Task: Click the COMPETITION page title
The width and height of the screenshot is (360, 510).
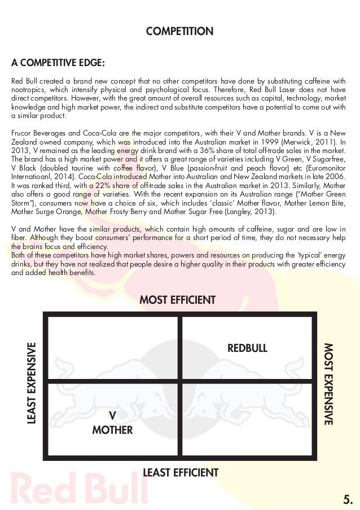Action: (x=179, y=31)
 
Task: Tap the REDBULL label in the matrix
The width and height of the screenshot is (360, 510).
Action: (x=247, y=347)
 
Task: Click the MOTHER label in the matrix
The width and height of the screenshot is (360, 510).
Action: (x=112, y=430)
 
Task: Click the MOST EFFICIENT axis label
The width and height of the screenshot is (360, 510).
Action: (x=178, y=299)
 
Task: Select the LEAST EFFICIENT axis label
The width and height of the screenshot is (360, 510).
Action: (x=181, y=472)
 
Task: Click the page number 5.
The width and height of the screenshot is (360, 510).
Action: (x=348, y=498)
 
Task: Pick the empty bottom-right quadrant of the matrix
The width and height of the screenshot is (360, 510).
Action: (x=247, y=419)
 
